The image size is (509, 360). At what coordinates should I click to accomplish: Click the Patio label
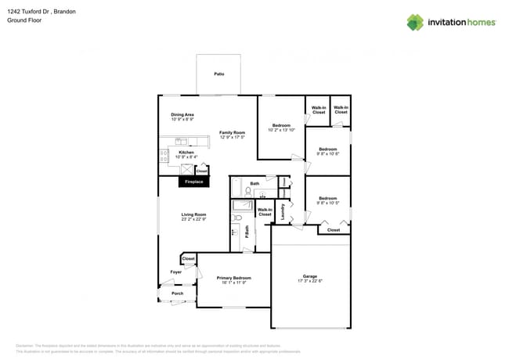[x=219, y=74]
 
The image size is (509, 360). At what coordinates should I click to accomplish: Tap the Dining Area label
[x=182, y=115]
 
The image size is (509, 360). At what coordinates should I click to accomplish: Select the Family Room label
[x=232, y=132]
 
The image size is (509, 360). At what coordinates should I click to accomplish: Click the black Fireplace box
[x=193, y=182]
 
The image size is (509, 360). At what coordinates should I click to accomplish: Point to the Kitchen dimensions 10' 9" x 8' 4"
[x=186, y=157]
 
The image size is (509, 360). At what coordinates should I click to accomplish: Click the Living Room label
[x=193, y=214]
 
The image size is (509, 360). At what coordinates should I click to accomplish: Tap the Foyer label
[x=175, y=272]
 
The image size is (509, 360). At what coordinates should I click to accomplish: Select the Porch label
[x=177, y=294]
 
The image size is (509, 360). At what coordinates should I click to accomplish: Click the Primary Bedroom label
[x=234, y=278]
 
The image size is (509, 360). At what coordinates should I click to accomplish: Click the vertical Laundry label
[x=283, y=211]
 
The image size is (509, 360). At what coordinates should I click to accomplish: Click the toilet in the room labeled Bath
[x=248, y=190]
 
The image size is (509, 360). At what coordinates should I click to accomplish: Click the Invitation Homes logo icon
[x=414, y=22]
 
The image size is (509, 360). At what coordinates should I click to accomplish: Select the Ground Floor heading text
[x=23, y=21]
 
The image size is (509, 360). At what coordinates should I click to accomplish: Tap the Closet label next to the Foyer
[x=189, y=258]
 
